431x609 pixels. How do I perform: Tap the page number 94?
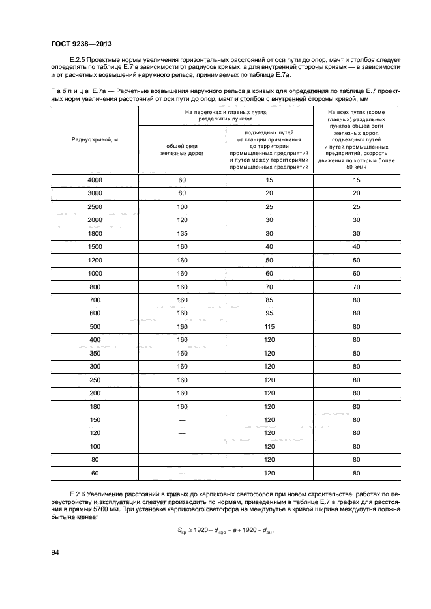click(x=56, y=553)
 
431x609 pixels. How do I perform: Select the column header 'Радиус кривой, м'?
click(x=95, y=139)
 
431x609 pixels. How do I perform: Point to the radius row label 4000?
click(x=95, y=179)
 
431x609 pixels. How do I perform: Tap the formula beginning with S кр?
click(x=215, y=530)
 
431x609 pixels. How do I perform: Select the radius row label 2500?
click(x=95, y=206)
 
